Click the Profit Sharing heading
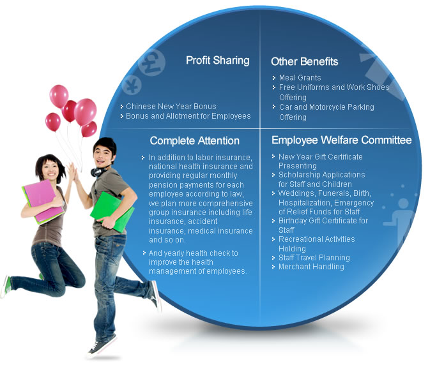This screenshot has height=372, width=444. (x=217, y=61)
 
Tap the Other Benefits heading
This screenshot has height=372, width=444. (x=304, y=61)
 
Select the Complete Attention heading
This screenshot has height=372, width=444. (x=195, y=140)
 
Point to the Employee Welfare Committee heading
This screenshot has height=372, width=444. (x=342, y=140)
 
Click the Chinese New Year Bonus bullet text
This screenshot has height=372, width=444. (x=171, y=107)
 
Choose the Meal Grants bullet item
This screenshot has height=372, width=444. (x=300, y=77)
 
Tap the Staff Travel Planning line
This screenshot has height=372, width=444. (x=314, y=258)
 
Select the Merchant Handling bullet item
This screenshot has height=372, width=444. (x=311, y=267)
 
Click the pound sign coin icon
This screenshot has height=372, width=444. (x=152, y=63)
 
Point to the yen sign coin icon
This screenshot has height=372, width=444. (x=132, y=85)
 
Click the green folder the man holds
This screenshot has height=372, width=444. (x=112, y=212)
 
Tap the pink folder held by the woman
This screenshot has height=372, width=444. (x=43, y=202)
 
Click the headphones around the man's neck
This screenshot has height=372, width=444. (x=99, y=170)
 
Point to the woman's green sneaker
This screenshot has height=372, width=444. (x=6, y=286)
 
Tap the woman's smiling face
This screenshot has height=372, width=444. (x=50, y=170)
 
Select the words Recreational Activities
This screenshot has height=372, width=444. (x=317, y=239)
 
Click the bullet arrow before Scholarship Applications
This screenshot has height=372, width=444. (x=273, y=175)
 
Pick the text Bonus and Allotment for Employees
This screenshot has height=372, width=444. (x=188, y=116)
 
